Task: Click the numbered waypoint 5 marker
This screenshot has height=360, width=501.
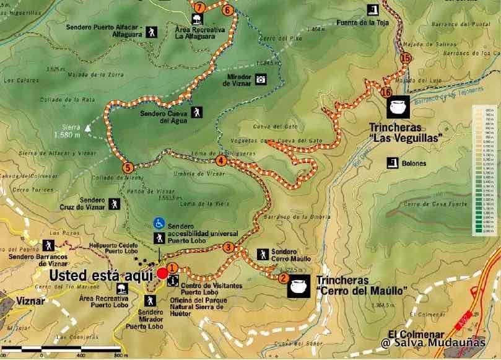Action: pyautogui.click(x=127, y=167)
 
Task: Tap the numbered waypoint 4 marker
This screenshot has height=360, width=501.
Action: pyautogui.click(x=221, y=161)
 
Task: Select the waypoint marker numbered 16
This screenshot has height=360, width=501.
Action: pyautogui.click(x=387, y=92)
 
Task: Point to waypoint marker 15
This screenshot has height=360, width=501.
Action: pyautogui.click(x=406, y=58)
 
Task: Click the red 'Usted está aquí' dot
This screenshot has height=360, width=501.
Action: pyautogui.click(x=162, y=273)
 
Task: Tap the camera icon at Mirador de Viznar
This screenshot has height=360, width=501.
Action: pyautogui.click(x=261, y=79)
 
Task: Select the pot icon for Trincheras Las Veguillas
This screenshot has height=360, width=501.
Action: pyautogui.click(x=397, y=109)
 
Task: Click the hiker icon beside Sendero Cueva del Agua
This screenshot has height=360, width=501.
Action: pyautogui.click(x=196, y=112)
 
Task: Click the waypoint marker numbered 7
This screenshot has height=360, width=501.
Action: pyautogui.click(x=199, y=8)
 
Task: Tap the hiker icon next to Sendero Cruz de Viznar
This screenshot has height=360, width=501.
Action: pyautogui.click(x=115, y=203)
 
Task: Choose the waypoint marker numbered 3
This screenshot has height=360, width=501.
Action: pyautogui.click(x=228, y=248)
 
